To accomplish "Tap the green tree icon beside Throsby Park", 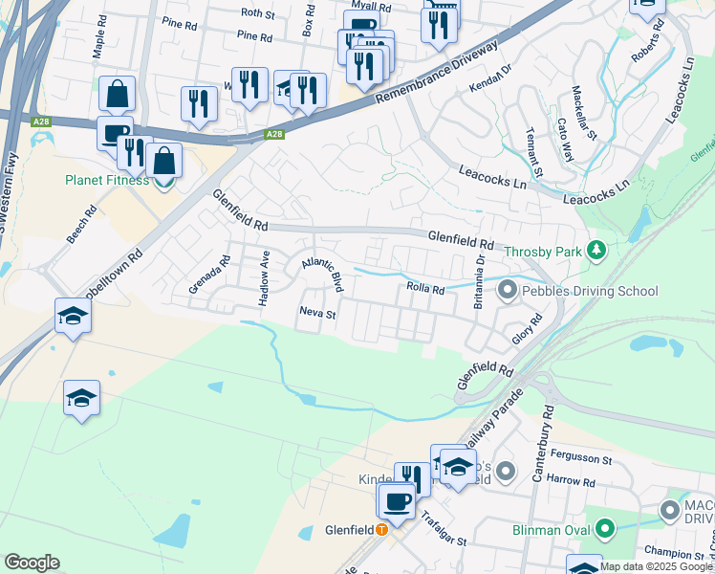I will [597, 251].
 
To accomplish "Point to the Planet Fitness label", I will [107, 180].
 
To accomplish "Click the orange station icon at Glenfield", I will [382, 529].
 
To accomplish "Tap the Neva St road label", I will [318, 313].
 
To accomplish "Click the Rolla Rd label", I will [425, 289].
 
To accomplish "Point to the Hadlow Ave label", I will [265, 278].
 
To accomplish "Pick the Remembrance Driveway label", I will [437, 74].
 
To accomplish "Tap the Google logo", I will [32, 563].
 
